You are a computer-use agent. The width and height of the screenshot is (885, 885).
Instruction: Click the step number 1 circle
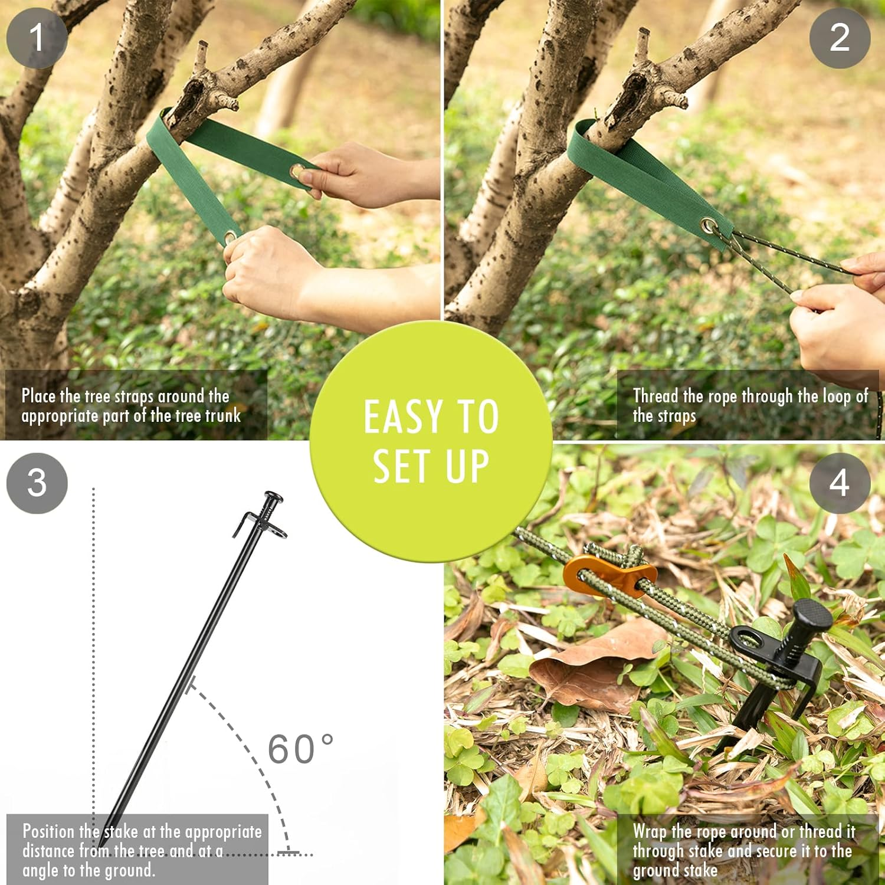(37, 38)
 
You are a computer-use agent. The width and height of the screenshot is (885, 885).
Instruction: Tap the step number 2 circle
(839, 38)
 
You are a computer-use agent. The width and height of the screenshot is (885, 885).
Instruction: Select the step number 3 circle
(37, 483)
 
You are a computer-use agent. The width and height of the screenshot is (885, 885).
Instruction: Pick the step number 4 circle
(839, 483)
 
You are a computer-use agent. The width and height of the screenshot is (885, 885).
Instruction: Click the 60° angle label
(300, 749)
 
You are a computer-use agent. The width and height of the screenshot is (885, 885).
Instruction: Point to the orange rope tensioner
(608, 575)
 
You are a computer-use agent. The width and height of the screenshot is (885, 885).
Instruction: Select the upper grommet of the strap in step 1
(299, 172)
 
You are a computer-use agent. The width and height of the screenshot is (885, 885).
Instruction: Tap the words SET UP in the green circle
(431, 466)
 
